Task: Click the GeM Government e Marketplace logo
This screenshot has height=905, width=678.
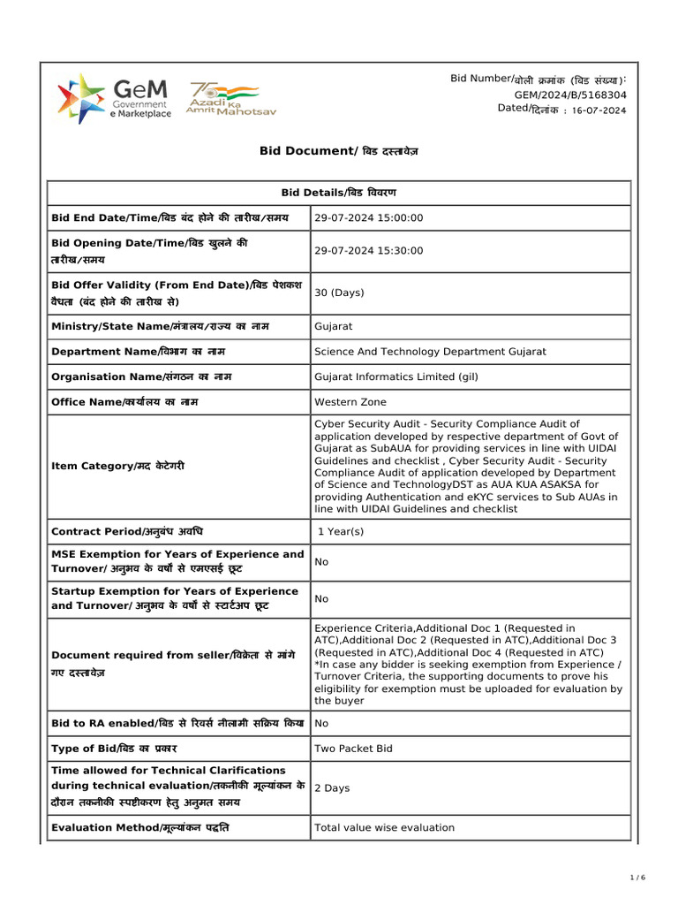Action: tap(114, 98)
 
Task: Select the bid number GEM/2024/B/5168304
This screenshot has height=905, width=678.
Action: tap(570, 94)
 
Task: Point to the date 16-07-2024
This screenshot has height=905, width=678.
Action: tap(599, 110)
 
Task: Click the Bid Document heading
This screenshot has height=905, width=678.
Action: tap(338, 151)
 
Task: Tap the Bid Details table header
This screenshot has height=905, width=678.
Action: tap(338, 193)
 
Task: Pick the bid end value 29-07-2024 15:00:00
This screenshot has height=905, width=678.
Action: tap(369, 218)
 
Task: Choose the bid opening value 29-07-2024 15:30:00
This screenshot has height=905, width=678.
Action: tap(369, 251)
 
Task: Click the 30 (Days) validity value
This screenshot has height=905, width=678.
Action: tap(339, 293)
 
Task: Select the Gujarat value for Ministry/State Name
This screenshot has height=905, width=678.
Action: tap(334, 326)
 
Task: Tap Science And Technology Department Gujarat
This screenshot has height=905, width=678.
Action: tap(430, 352)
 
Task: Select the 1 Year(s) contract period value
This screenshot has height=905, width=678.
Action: tap(341, 532)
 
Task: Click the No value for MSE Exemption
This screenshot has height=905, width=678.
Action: tap(321, 562)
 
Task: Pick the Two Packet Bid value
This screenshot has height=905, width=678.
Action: tap(354, 749)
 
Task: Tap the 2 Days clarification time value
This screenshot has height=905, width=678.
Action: tap(332, 788)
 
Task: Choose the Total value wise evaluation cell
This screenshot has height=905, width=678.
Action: tap(385, 828)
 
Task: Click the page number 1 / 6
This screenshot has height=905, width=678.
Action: tap(638, 878)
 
